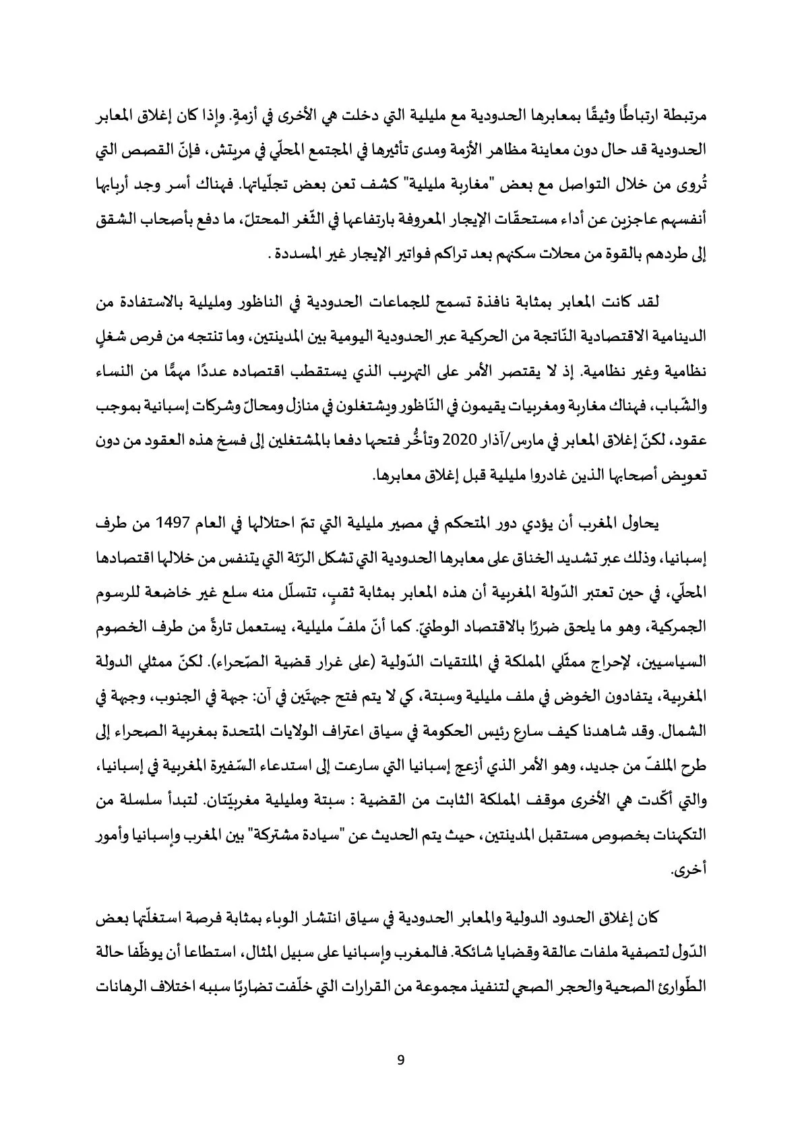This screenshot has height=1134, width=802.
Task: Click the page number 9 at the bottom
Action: (401, 1060)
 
